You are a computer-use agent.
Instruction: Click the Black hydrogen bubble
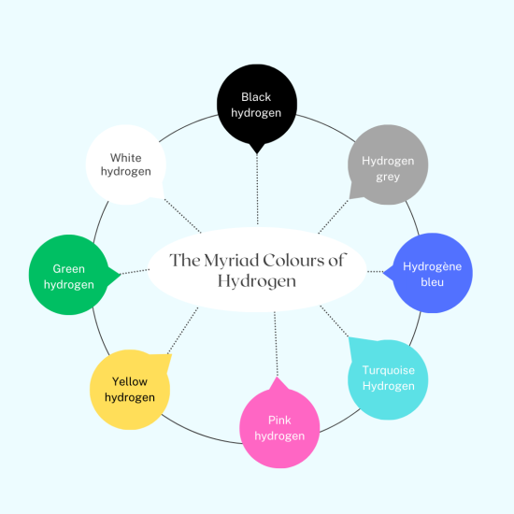pos(257,105)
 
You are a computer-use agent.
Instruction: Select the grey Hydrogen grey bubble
pos(388,164)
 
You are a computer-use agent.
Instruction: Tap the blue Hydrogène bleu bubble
pos(432,273)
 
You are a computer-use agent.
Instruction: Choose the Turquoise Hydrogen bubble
pos(388,379)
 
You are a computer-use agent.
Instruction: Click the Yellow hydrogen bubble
pos(130,390)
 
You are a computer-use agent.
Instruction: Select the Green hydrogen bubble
pos(69,275)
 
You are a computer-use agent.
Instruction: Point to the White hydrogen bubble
pos(126,164)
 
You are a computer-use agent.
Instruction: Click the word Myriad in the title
pos(232,261)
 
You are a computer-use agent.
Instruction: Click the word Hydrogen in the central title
pos(257,282)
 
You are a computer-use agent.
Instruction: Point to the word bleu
pos(432,282)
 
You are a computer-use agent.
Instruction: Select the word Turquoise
pos(389,370)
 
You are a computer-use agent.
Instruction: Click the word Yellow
pos(130,381)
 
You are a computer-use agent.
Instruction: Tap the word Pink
pos(279,421)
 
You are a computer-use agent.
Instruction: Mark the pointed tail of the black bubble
pos(257,153)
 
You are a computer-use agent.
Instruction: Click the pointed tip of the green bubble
pos(121,275)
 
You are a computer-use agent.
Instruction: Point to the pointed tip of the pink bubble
pos(278,378)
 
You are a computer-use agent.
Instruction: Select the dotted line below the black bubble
pos(257,190)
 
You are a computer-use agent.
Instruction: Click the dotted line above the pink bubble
pos(276,344)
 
